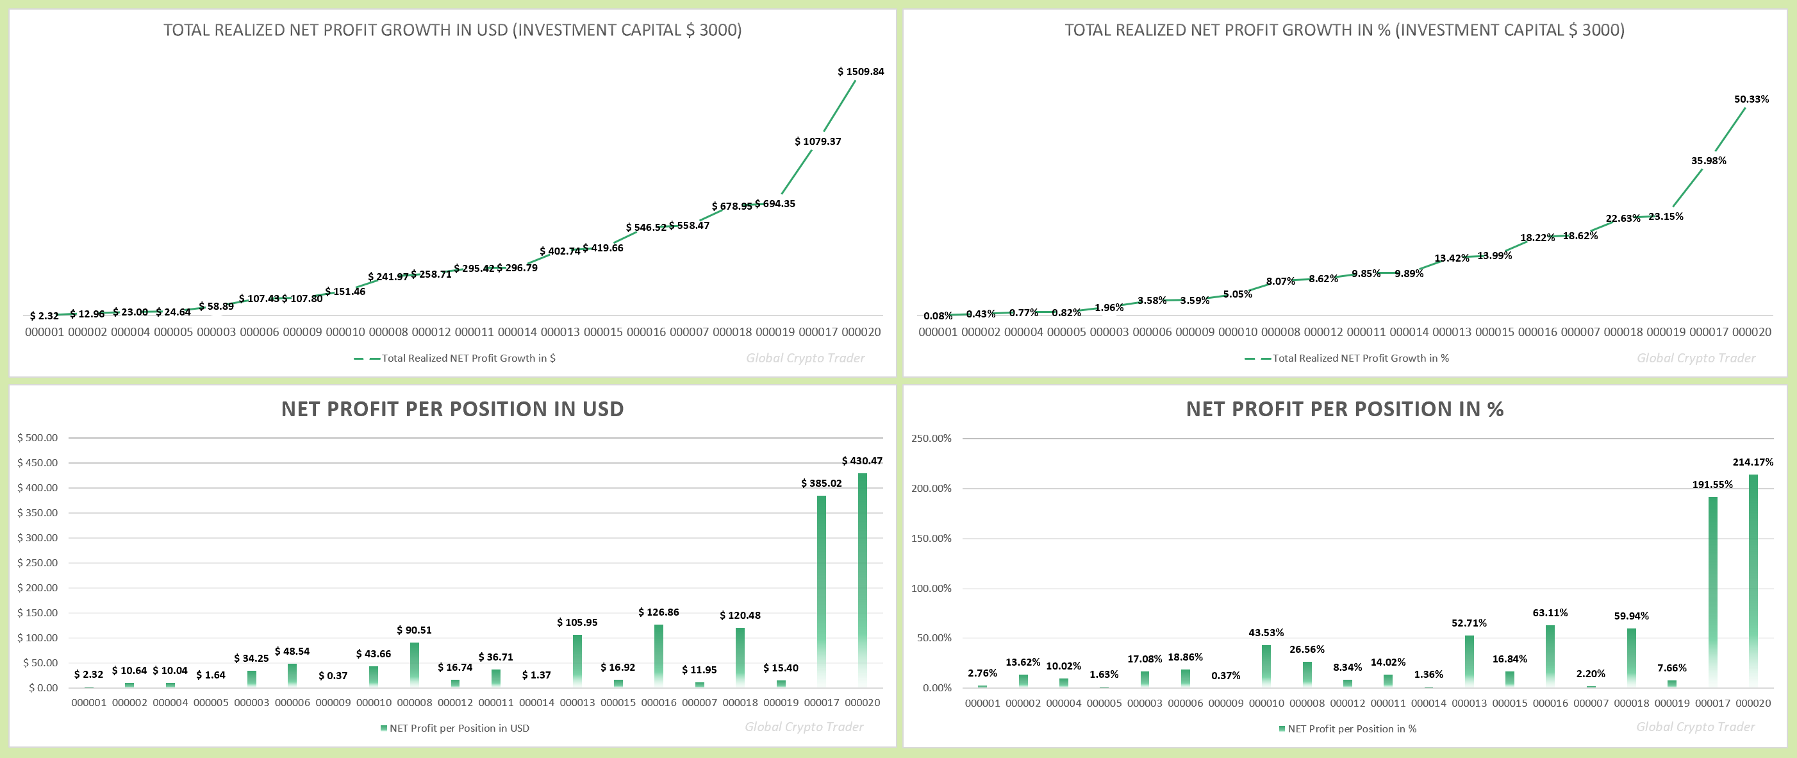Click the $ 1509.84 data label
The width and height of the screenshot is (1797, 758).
(x=860, y=71)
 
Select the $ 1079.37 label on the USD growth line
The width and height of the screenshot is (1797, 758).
(x=818, y=141)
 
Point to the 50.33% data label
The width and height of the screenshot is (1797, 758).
(x=1751, y=99)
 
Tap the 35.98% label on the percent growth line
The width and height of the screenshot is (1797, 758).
(x=1708, y=160)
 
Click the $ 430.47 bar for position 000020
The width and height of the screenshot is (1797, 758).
(x=862, y=579)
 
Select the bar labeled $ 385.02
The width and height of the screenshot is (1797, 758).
(x=821, y=591)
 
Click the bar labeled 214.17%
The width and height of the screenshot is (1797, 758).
(x=1752, y=579)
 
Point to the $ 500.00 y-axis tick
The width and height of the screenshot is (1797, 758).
(x=38, y=437)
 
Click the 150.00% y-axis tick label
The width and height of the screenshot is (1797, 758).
(x=931, y=538)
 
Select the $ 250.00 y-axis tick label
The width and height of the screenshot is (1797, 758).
(x=38, y=562)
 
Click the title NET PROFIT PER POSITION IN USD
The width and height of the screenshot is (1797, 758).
(x=452, y=409)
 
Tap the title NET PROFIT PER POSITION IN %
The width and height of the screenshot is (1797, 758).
(x=1345, y=409)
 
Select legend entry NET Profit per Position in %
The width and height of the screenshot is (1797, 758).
(x=1351, y=729)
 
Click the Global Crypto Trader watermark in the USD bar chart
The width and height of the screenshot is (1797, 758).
(x=804, y=727)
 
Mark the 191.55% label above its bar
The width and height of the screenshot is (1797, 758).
(x=1712, y=484)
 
